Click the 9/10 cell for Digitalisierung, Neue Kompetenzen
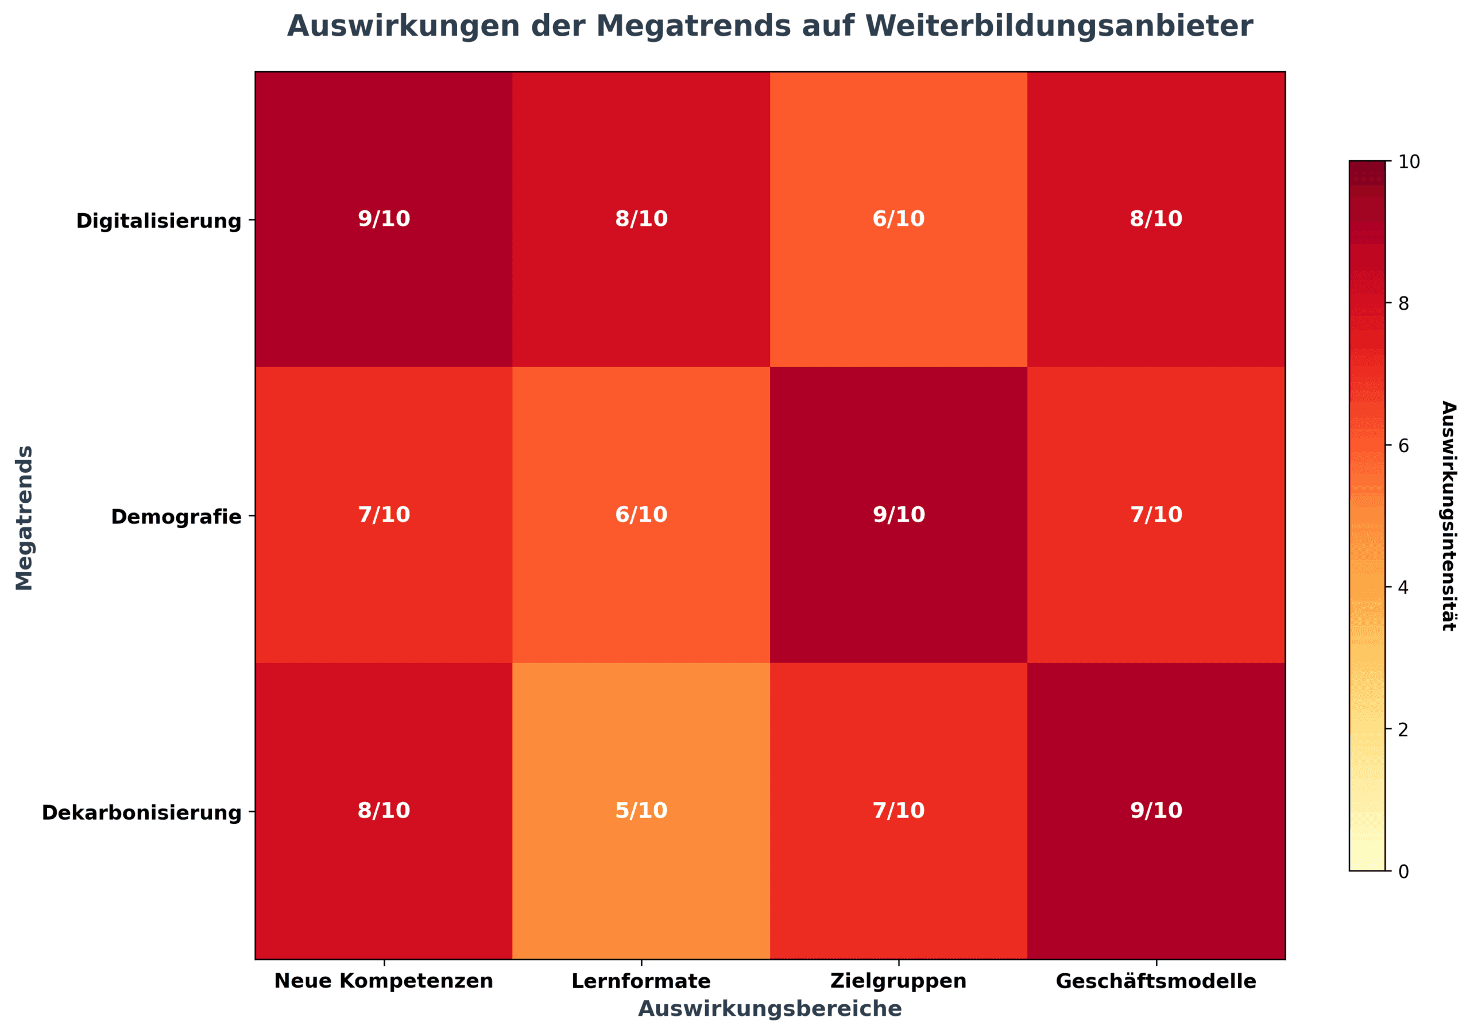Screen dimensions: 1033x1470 pyautogui.click(x=384, y=219)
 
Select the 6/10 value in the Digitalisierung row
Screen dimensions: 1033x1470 pyautogui.click(x=898, y=219)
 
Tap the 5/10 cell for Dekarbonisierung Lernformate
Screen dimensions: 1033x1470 pyautogui.click(x=641, y=811)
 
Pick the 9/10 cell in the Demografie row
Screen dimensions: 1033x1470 pyautogui.click(x=898, y=515)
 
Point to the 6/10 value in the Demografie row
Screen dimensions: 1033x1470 pyautogui.click(x=641, y=515)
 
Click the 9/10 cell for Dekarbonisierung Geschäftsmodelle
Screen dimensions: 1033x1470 pyautogui.click(x=1156, y=811)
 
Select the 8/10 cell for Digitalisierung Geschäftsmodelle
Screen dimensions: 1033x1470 pyautogui.click(x=1156, y=219)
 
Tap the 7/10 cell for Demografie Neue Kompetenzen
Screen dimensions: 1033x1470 pyautogui.click(x=384, y=515)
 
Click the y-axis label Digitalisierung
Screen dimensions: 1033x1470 pyautogui.click(x=159, y=221)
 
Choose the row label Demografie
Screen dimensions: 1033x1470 pyautogui.click(x=176, y=517)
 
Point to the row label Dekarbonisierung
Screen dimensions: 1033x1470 pyautogui.click(x=141, y=813)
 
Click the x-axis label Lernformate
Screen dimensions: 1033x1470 pyautogui.click(x=641, y=981)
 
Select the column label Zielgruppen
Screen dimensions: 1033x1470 pyautogui.click(x=898, y=981)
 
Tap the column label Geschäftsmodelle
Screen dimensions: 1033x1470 pyautogui.click(x=1156, y=981)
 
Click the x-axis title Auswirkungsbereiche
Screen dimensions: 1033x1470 pyautogui.click(x=769, y=1009)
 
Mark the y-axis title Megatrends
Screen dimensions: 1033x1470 pyautogui.click(x=24, y=518)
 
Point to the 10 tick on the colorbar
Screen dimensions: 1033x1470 pyautogui.click(x=1409, y=162)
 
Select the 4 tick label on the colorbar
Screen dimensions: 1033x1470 pyautogui.click(x=1403, y=587)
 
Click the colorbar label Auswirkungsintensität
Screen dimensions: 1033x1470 pyautogui.click(x=1448, y=516)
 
